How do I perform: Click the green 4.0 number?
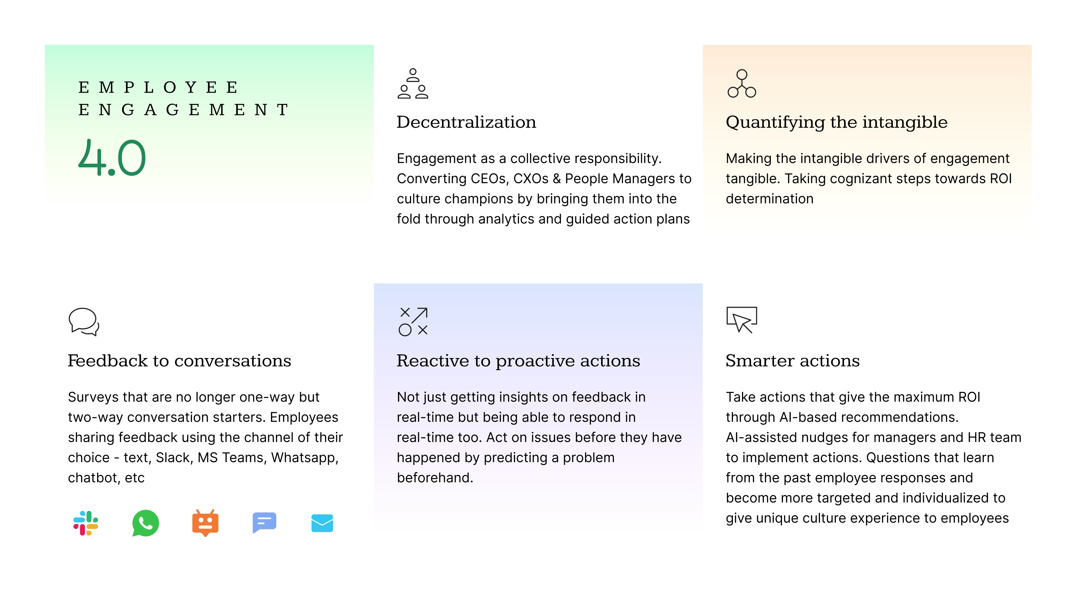[x=112, y=157]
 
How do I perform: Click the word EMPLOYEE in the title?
[x=158, y=87]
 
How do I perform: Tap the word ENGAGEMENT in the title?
[x=183, y=110]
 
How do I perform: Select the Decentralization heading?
[x=466, y=122]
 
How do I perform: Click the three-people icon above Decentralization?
[x=413, y=83]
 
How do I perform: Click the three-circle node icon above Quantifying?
[x=742, y=83]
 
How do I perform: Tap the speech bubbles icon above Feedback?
[x=84, y=322]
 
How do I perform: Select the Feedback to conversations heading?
[x=180, y=361]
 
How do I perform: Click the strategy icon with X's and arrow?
[x=413, y=322]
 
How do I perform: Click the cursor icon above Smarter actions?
[x=742, y=320]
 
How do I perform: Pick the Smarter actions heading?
[x=793, y=361]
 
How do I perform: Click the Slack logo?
[x=86, y=523]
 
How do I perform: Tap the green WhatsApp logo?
[x=145, y=523]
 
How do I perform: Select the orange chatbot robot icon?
[x=205, y=523]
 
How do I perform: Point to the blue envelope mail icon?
[x=322, y=523]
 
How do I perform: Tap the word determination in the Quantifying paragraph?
[x=769, y=199]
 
